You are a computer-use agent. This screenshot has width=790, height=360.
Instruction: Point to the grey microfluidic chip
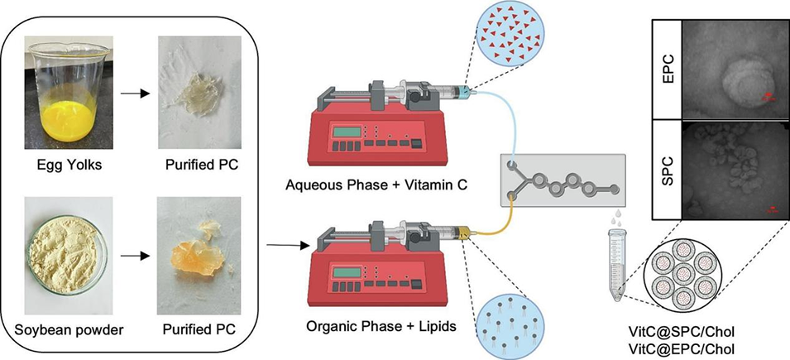[558, 179]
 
